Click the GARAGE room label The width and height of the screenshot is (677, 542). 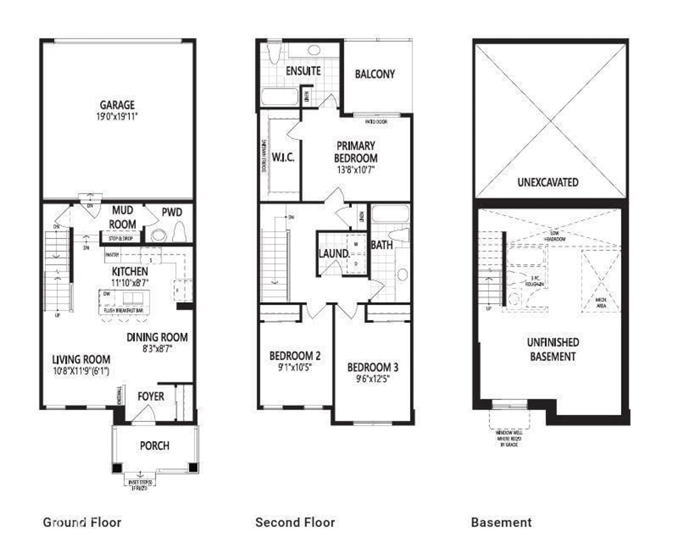click(x=117, y=105)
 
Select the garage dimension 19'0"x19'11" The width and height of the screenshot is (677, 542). click(x=117, y=117)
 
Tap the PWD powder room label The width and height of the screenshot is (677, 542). click(x=172, y=213)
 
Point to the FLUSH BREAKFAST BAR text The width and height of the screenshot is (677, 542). click(x=123, y=310)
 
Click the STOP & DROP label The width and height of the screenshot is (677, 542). click(x=121, y=239)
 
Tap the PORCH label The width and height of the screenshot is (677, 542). click(x=154, y=446)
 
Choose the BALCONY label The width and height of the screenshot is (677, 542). click(x=375, y=74)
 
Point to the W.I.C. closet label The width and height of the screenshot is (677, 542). click(x=283, y=158)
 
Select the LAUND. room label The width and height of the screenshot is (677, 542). click(x=334, y=254)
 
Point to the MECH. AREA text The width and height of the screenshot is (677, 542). click(x=601, y=303)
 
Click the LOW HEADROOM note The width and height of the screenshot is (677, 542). click(x=554, y=236)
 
